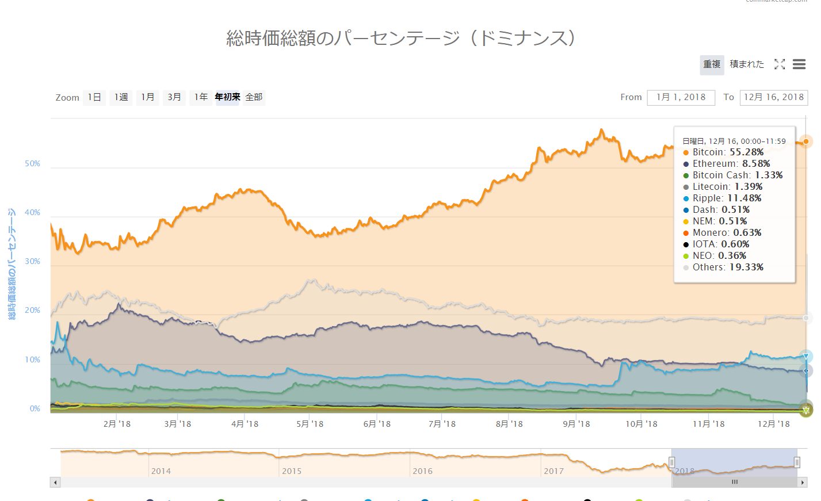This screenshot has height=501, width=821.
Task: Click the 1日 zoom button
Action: pyautogui.click(x=94, y=97)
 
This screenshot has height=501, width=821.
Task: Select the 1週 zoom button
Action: pyautogui.click(x=121, y=97)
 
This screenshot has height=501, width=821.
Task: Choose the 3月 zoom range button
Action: pyautogui.click(x=174, y=97)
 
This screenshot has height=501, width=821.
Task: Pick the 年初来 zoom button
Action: pyautogui.click(x=227, y=97)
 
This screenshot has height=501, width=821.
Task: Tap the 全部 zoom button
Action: pyautogui.click(x=254, y=97)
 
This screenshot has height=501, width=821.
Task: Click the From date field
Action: pyautogui.click(x=681, y=97)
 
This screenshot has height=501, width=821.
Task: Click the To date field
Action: pyautogui.click(x=773, y=97)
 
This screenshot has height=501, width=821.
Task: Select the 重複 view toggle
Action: pyautogui.click(x=712, y=64)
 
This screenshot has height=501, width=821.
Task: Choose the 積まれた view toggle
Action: pyautogui.click(x=747, y=64)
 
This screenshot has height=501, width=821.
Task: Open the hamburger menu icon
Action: pyautogui.click(x=799, y=64)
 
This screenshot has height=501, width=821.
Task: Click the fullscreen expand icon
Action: pyautogui.click(x=780, y=64)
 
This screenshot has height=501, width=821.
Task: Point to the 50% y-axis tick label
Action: pyautogui.click(x=33, y=164)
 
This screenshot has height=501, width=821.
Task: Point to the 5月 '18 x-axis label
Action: pyautogui.click(x=310, y=424)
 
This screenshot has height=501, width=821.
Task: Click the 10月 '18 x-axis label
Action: pyautogui.click(x=641, y=424)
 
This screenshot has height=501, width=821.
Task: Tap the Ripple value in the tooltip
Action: pyautogui.click(x=744, y=198)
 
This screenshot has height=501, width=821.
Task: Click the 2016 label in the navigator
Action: pyautogui.click(x=422, y=471)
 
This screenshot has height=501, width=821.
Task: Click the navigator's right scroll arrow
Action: pyautogui.click(x=803, y=483)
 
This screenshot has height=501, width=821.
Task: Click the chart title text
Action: pyautogui.click(x=401, y=38)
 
